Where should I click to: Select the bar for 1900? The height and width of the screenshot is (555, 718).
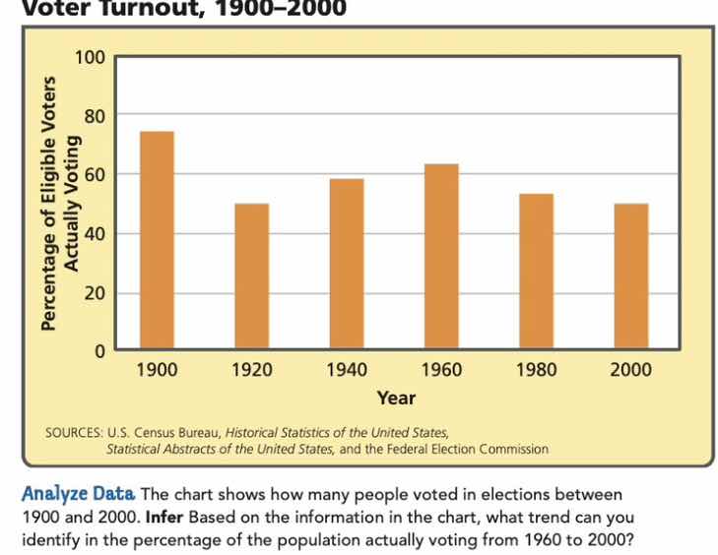tap(157, 240)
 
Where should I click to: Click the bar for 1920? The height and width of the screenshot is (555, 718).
tap(251, 277)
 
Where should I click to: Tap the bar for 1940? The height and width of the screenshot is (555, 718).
tap(346, 264)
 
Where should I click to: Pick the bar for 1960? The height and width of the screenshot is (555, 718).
tap(441, 257)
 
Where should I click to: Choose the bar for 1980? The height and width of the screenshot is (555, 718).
tap(536, 272)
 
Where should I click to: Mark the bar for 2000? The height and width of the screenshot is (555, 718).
tap(631, 277)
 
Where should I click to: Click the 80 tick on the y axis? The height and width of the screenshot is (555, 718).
tap(94, 115)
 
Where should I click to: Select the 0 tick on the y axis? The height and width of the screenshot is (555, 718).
tap(99, 351)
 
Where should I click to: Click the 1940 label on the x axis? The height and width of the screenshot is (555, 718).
tap(346, 371)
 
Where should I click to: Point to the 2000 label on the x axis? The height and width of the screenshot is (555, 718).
tap(631, 371)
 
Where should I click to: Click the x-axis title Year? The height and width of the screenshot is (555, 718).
tap(396, 399)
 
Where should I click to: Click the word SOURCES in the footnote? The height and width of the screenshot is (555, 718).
tap(73, 432)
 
